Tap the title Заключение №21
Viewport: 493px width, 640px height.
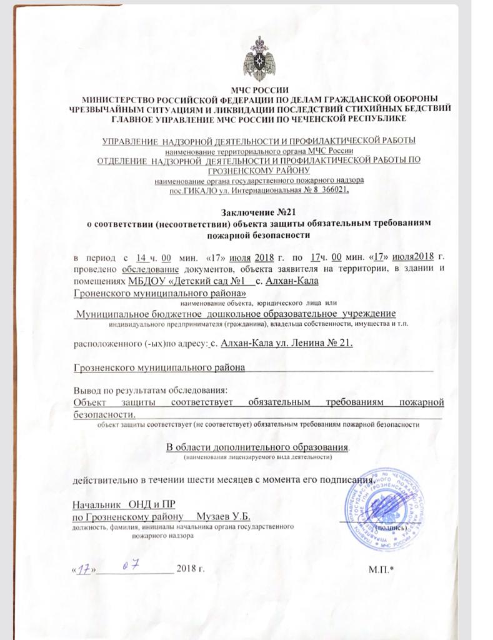[258, 212]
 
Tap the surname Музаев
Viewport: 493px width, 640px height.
[215, 516]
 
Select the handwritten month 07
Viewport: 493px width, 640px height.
[130, 566]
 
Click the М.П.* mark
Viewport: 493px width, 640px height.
[382, 569]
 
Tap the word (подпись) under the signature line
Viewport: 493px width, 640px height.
[394, 526]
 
